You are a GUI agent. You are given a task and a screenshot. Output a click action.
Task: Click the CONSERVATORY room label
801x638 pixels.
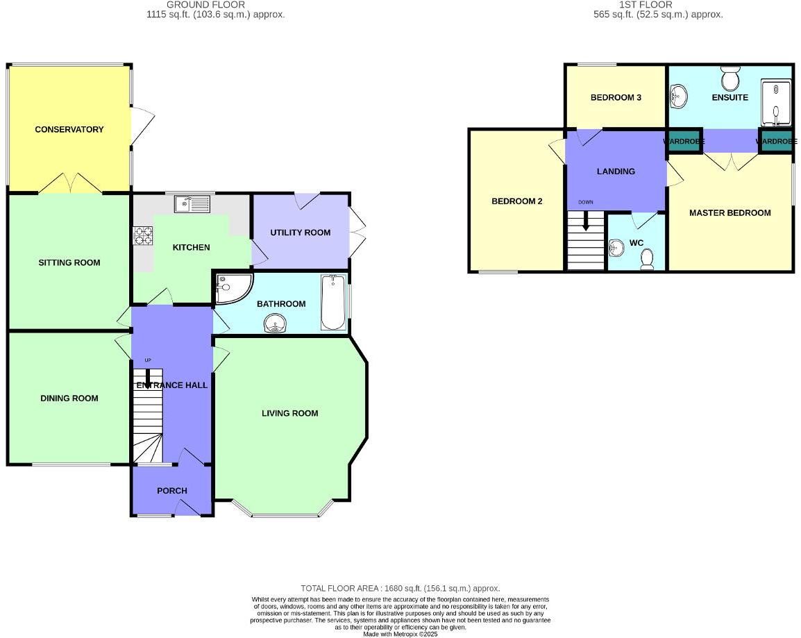pyautogui.click(x=69, y=129)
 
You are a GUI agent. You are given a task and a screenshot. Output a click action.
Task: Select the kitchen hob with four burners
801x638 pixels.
pyautogui.click(x=142, y=236)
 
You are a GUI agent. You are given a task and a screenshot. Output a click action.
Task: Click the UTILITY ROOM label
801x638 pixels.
pyautogui.click(x=301, y=232)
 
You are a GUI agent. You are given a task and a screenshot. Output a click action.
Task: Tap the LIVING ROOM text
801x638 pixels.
pyautogui.click(x=289, y=413)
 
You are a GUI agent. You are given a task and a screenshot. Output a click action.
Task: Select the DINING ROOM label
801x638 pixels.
pyautogui.click(x=69, y=398)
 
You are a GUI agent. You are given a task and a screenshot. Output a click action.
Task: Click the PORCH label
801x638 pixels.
pyautogui.click(x=172, y=491)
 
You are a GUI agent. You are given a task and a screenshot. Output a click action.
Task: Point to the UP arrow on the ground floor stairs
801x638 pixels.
pyautogui.click(x=147, y=376)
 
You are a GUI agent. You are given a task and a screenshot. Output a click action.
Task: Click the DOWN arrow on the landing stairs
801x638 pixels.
pyautogui.click(x=586, y=221)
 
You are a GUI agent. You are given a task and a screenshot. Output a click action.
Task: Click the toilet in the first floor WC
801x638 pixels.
pyautogui.click(x=647, y=259)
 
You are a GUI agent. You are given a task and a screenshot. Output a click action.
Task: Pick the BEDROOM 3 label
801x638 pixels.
pyautogui.click(x=616, y=97)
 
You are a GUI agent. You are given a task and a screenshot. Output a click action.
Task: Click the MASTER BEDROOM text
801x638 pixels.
pyautogui.click(x=730, y=212)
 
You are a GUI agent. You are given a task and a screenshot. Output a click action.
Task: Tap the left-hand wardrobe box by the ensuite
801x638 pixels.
pyautogui.click(x=684, y=141)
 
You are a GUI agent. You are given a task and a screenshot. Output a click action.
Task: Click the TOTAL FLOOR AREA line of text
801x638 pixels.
pyautogui.click(x=400, y=588)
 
